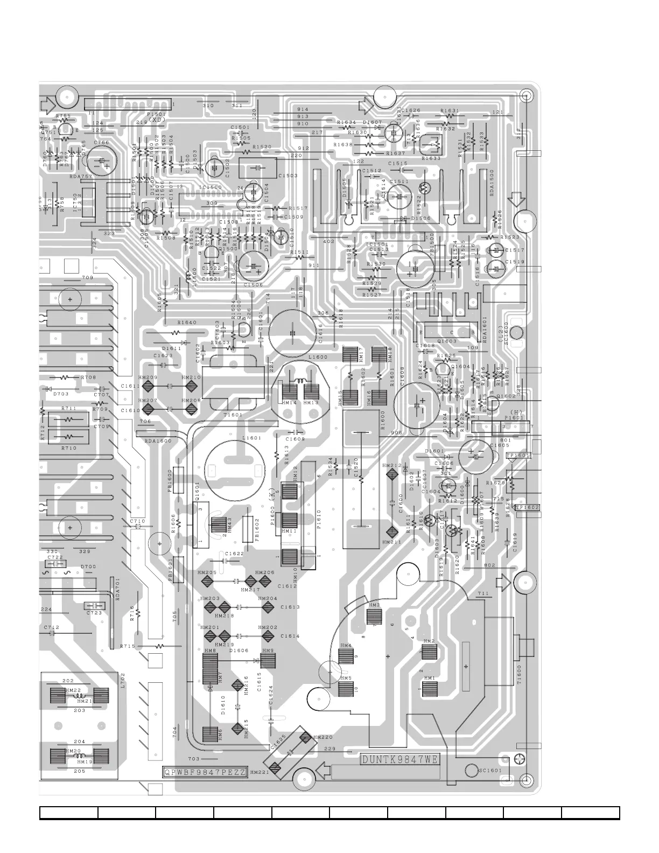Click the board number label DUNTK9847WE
[400, 760]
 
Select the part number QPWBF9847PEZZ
[205, 772]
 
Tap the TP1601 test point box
[518, 456]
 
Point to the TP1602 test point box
[527, 507]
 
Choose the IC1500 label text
[210, 187]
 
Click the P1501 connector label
[156, 115]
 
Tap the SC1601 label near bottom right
[490, 771]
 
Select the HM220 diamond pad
[305, 737]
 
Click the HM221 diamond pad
[276, 767]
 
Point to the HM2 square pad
[429, 652]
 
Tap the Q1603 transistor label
[446, 341]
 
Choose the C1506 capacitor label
[253, 284]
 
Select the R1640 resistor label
[187, 323]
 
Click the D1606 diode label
[239, 651]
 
